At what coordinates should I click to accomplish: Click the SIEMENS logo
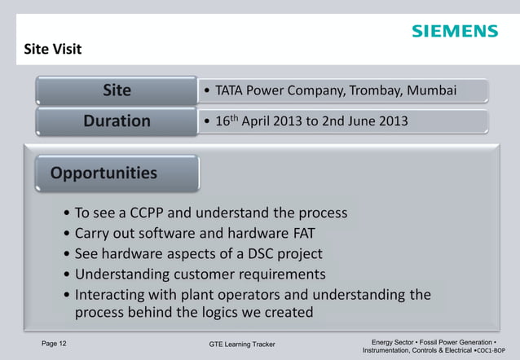pyautogui.click(x=454, y=31)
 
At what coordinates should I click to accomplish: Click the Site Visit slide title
pyautogui.click(x=53, y=50)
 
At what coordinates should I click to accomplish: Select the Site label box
pyautogui.click(x=116, y=90)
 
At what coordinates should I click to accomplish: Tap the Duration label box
pyautogui.click(x=116, y=121)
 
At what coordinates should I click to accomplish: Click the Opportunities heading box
pyautogui.click(x=104, y=173)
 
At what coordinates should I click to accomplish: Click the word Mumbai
pyautogui.click(x=431, y=90)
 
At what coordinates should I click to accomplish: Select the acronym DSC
pyautogui.click(x=258, y=254)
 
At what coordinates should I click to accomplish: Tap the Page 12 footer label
pyautogui.click(x=55, y=344)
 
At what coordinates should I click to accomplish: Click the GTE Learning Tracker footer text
pyautogui.click(x=242, y=345)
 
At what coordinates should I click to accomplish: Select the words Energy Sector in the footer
pyautogui.click(x=394, y=341)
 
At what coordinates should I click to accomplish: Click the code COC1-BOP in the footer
pyautogui.click(x=496, y=350)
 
